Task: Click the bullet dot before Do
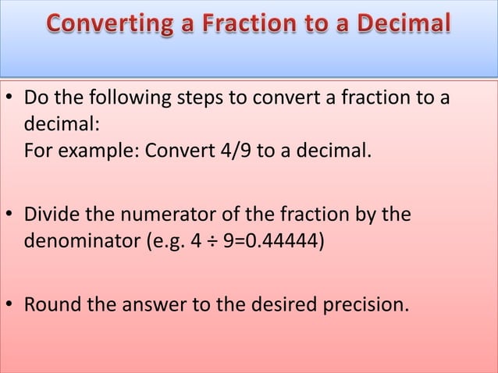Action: pos(11,101)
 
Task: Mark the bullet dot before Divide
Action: pos(11,214)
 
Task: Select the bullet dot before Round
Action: pos(11,303)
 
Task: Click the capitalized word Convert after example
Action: pos(175,150)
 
